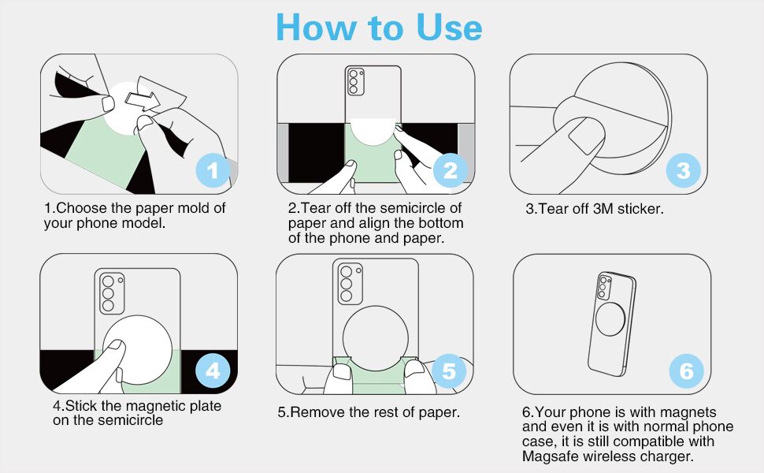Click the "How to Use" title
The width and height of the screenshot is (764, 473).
coord(379,28)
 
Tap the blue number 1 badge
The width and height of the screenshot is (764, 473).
coord(213,170)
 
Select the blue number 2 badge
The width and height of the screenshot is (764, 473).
coord(451,170)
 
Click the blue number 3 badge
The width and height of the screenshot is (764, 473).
coord(683,170)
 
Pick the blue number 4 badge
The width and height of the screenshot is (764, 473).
coord(213,371)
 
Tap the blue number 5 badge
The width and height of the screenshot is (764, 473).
coord(449,371)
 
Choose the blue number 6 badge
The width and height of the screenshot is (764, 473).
coord(686,371)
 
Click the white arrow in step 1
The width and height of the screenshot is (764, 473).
coord(143,101)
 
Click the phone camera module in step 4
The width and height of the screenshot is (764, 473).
coord(112,293)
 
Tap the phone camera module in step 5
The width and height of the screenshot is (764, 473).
coord(350,284)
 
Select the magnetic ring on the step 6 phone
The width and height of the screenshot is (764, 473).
coord(610,319)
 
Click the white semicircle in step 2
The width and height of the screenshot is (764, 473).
coord(373,131)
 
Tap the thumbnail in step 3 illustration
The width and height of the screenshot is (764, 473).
coord(587,136)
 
